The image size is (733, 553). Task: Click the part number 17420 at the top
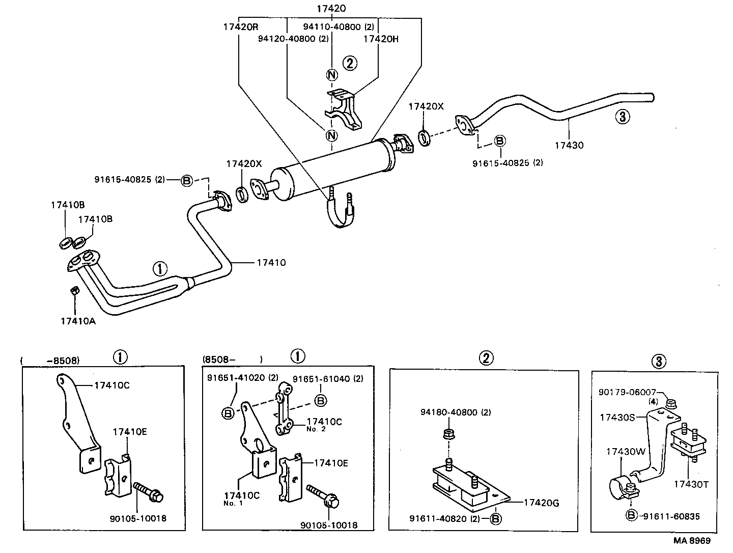[x=331, y=9]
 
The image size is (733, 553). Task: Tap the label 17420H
[x=381, y=38]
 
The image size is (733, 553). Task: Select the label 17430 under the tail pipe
[x=569, y=145]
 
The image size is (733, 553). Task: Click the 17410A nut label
[x=78, y=321]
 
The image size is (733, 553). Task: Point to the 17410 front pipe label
[x=271, y=263]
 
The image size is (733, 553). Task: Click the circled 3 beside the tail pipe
[x=622, y=117]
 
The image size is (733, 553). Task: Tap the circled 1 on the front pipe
[x=160, y=268]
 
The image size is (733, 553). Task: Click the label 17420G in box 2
[x=541, y=503]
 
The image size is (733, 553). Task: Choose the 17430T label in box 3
[x=691, y=484]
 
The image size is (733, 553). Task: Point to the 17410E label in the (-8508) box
[x=130, y=432]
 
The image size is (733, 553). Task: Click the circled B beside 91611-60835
[x=631, y=516]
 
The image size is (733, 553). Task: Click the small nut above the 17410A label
[x=73, y=291]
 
